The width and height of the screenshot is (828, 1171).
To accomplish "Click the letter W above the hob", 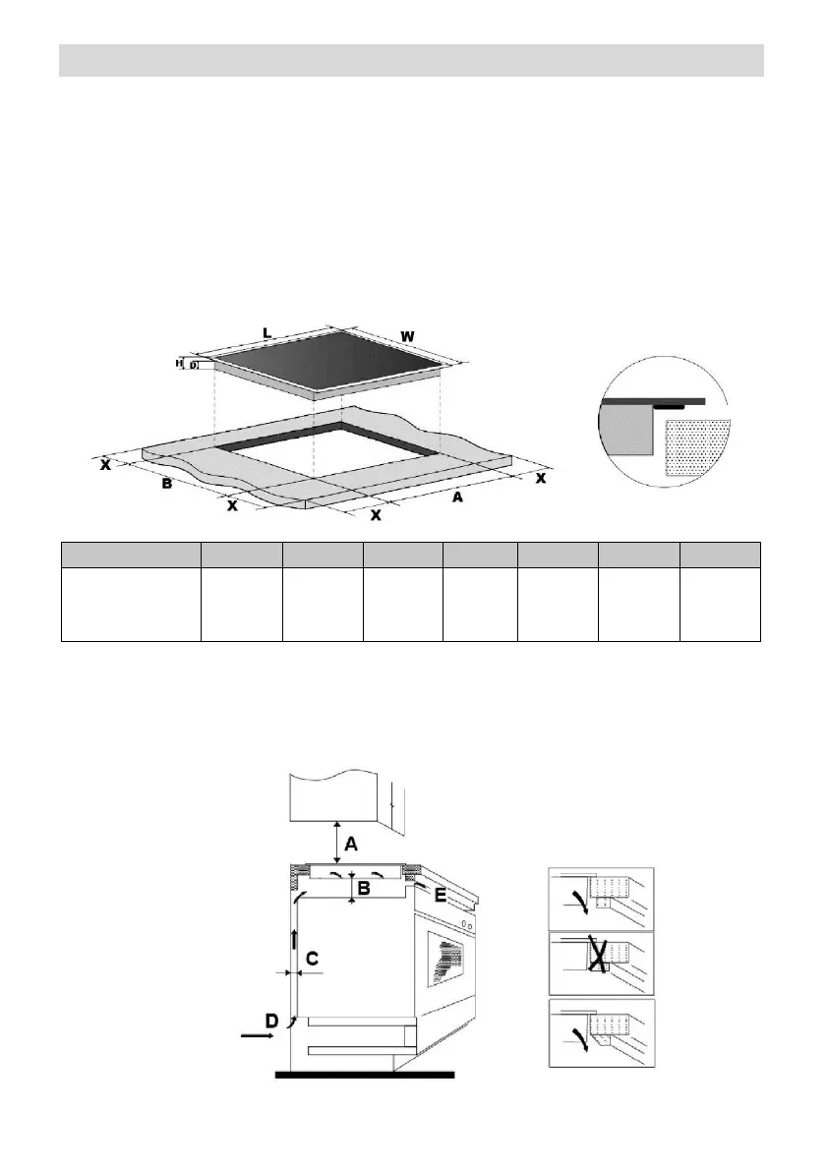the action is click(407, 336).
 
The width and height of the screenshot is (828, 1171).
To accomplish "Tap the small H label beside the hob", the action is click(180, 363).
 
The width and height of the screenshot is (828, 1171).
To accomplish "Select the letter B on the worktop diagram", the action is click(167, 485).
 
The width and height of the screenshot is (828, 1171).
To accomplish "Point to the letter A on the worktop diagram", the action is click(456, 498).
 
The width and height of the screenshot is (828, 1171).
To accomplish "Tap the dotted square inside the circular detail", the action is click(698, 448).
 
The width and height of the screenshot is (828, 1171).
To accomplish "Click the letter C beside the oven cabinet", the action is click(312, 958).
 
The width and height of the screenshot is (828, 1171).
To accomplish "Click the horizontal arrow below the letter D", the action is click(259, 1035).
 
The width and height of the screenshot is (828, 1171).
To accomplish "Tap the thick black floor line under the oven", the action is click(365, 1076).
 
